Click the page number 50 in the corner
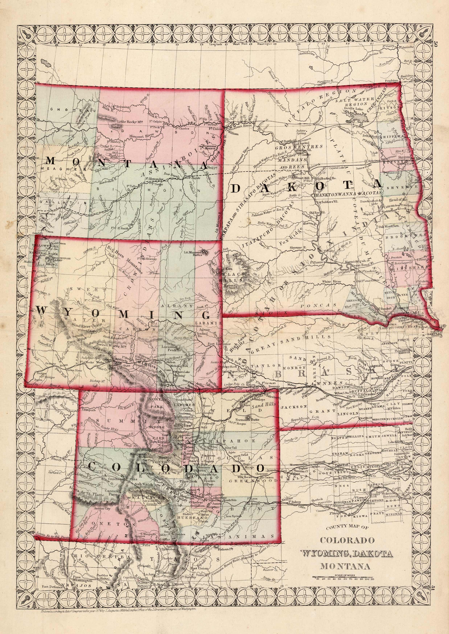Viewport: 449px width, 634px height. click(436, 44)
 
